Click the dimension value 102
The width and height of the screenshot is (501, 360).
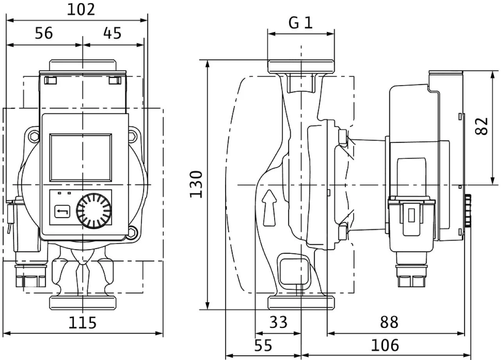click(x=81, y=9)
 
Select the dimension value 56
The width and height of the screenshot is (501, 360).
click(x=44, y=34)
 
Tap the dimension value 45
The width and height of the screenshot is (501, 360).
click(x=112, y=34)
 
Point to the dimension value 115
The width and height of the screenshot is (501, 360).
click(x=82, y=323)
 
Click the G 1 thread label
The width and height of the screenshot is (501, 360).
click(x=301, y=23)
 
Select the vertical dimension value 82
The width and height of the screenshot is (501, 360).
click(x=483, y=126)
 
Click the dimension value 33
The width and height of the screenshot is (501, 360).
click(x=279, y=323)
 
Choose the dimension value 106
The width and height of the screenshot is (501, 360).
click(x=385, y=346)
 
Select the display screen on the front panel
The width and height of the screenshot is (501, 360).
click(x=81, y=157)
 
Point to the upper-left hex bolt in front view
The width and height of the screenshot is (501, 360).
click(x=34, y=136)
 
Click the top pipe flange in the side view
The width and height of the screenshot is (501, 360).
click(x=301, y=65)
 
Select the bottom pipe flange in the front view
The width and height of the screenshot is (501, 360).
click(x=83, y=302)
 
